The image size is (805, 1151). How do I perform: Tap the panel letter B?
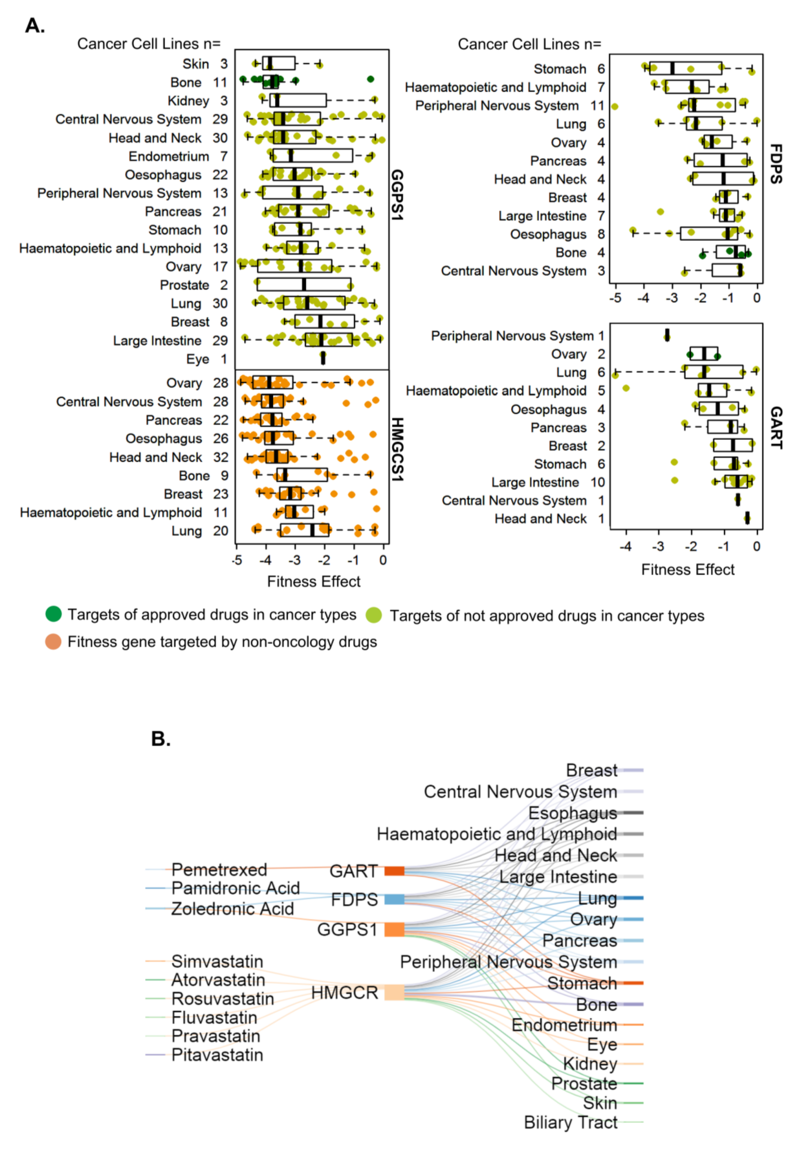click(160, 738)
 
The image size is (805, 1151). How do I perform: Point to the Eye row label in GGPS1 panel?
click(197, 359)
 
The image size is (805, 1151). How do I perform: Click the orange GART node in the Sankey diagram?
click(394, 871)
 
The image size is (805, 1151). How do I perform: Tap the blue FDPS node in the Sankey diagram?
click(394, 899)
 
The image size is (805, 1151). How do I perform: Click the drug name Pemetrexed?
click(219, 869)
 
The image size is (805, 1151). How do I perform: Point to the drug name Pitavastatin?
click(217, 1055)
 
